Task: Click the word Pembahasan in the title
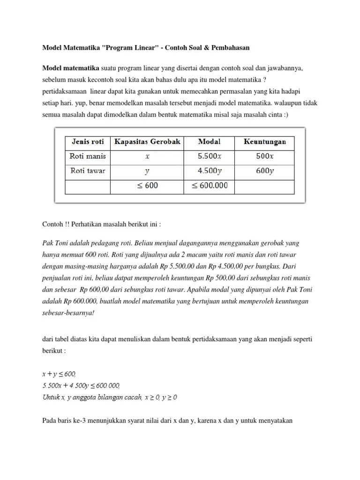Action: [229, 47]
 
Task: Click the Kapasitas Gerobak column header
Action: [147, 142]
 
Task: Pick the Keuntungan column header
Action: [264, 142]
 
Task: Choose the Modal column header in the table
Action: [209, 142]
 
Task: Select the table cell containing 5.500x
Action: [209, 156]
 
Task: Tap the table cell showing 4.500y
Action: [209, 171]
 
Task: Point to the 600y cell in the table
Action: [264, 171]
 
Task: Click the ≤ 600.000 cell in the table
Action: [209, 186]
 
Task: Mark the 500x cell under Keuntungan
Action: [264, 156]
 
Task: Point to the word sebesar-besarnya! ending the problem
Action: [68, 313]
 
